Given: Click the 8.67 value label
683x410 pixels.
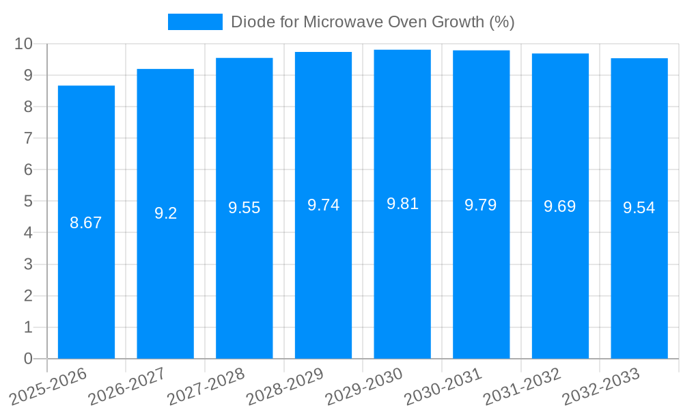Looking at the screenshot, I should tap(86, 223).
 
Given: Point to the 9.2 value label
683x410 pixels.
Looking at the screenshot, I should tap(165, 213).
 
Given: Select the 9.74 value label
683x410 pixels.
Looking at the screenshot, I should tap(323, 205).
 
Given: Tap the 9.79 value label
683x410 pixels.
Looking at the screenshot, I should tap(481, 205).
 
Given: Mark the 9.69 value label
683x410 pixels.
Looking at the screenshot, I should tap(560, 206).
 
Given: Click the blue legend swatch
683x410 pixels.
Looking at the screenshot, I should tap(195, 22).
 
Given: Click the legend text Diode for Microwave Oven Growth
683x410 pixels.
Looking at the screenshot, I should tap(372, 22).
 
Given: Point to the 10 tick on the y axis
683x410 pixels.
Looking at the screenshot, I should tap(24, 44).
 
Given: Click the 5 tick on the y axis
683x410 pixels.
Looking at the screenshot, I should tap(29, 202).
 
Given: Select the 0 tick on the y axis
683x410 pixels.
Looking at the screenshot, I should tap(29, 359).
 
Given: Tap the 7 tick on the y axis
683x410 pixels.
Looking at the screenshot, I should tap(29, 138).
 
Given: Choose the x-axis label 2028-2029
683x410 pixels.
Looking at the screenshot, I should tap(285, 387).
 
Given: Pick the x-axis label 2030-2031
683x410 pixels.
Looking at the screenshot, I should tap(444, 387).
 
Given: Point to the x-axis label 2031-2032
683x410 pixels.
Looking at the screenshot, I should tap(522, 387).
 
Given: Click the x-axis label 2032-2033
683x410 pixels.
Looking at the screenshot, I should tap(602, 387).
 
